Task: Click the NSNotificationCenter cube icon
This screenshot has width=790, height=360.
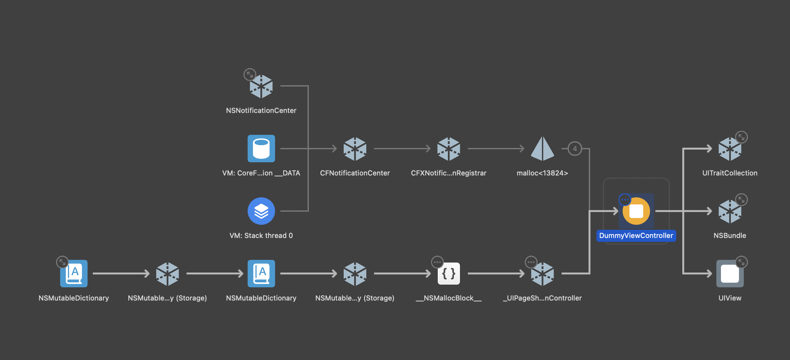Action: (261, 87)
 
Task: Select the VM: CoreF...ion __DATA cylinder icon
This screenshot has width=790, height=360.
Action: (261, 148)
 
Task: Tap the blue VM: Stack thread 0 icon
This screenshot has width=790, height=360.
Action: (261, 211)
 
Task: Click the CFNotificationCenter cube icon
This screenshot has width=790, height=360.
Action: (355, 149)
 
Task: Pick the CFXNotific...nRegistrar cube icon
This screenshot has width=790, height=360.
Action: (449, 149)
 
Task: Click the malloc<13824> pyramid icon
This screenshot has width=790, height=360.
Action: (542, 149)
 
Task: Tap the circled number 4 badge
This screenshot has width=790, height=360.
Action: (575, 149)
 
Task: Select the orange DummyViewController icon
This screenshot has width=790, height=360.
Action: (636, 211)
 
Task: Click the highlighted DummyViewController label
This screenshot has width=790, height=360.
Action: (636, 236)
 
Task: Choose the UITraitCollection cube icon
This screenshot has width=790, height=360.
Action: (730, 149)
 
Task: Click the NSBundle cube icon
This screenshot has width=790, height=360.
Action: (730, 211)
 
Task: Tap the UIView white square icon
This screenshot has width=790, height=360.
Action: (730, 273)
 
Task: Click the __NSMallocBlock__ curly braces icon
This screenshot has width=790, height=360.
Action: (449, 273)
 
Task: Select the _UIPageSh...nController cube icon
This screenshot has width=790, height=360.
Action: (542, 274)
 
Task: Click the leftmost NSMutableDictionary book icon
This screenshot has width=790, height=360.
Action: (74, 273)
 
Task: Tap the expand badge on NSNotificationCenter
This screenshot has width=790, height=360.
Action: (250, 75)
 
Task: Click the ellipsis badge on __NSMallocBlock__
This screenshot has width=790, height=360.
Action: (437, 262)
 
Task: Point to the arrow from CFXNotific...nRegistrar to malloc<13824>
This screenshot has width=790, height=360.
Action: (496, 149)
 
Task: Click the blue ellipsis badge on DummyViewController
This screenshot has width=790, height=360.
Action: (625, 200)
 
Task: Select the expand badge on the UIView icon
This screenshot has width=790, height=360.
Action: (741, 262)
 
